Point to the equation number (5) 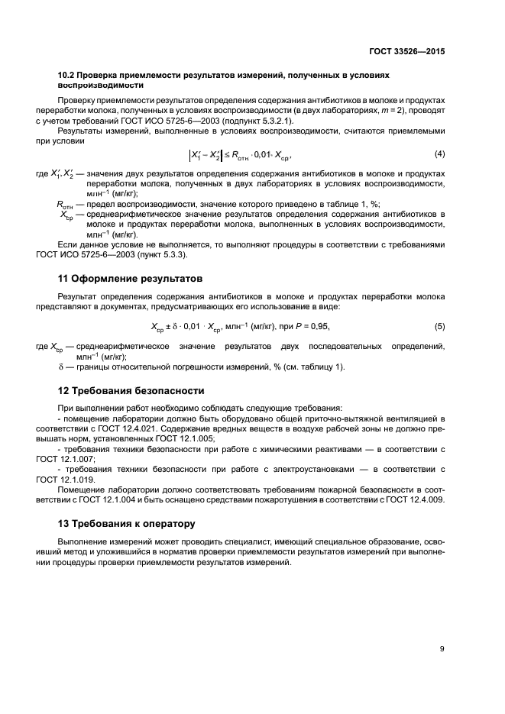[439, 305]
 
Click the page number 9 [442, 649]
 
